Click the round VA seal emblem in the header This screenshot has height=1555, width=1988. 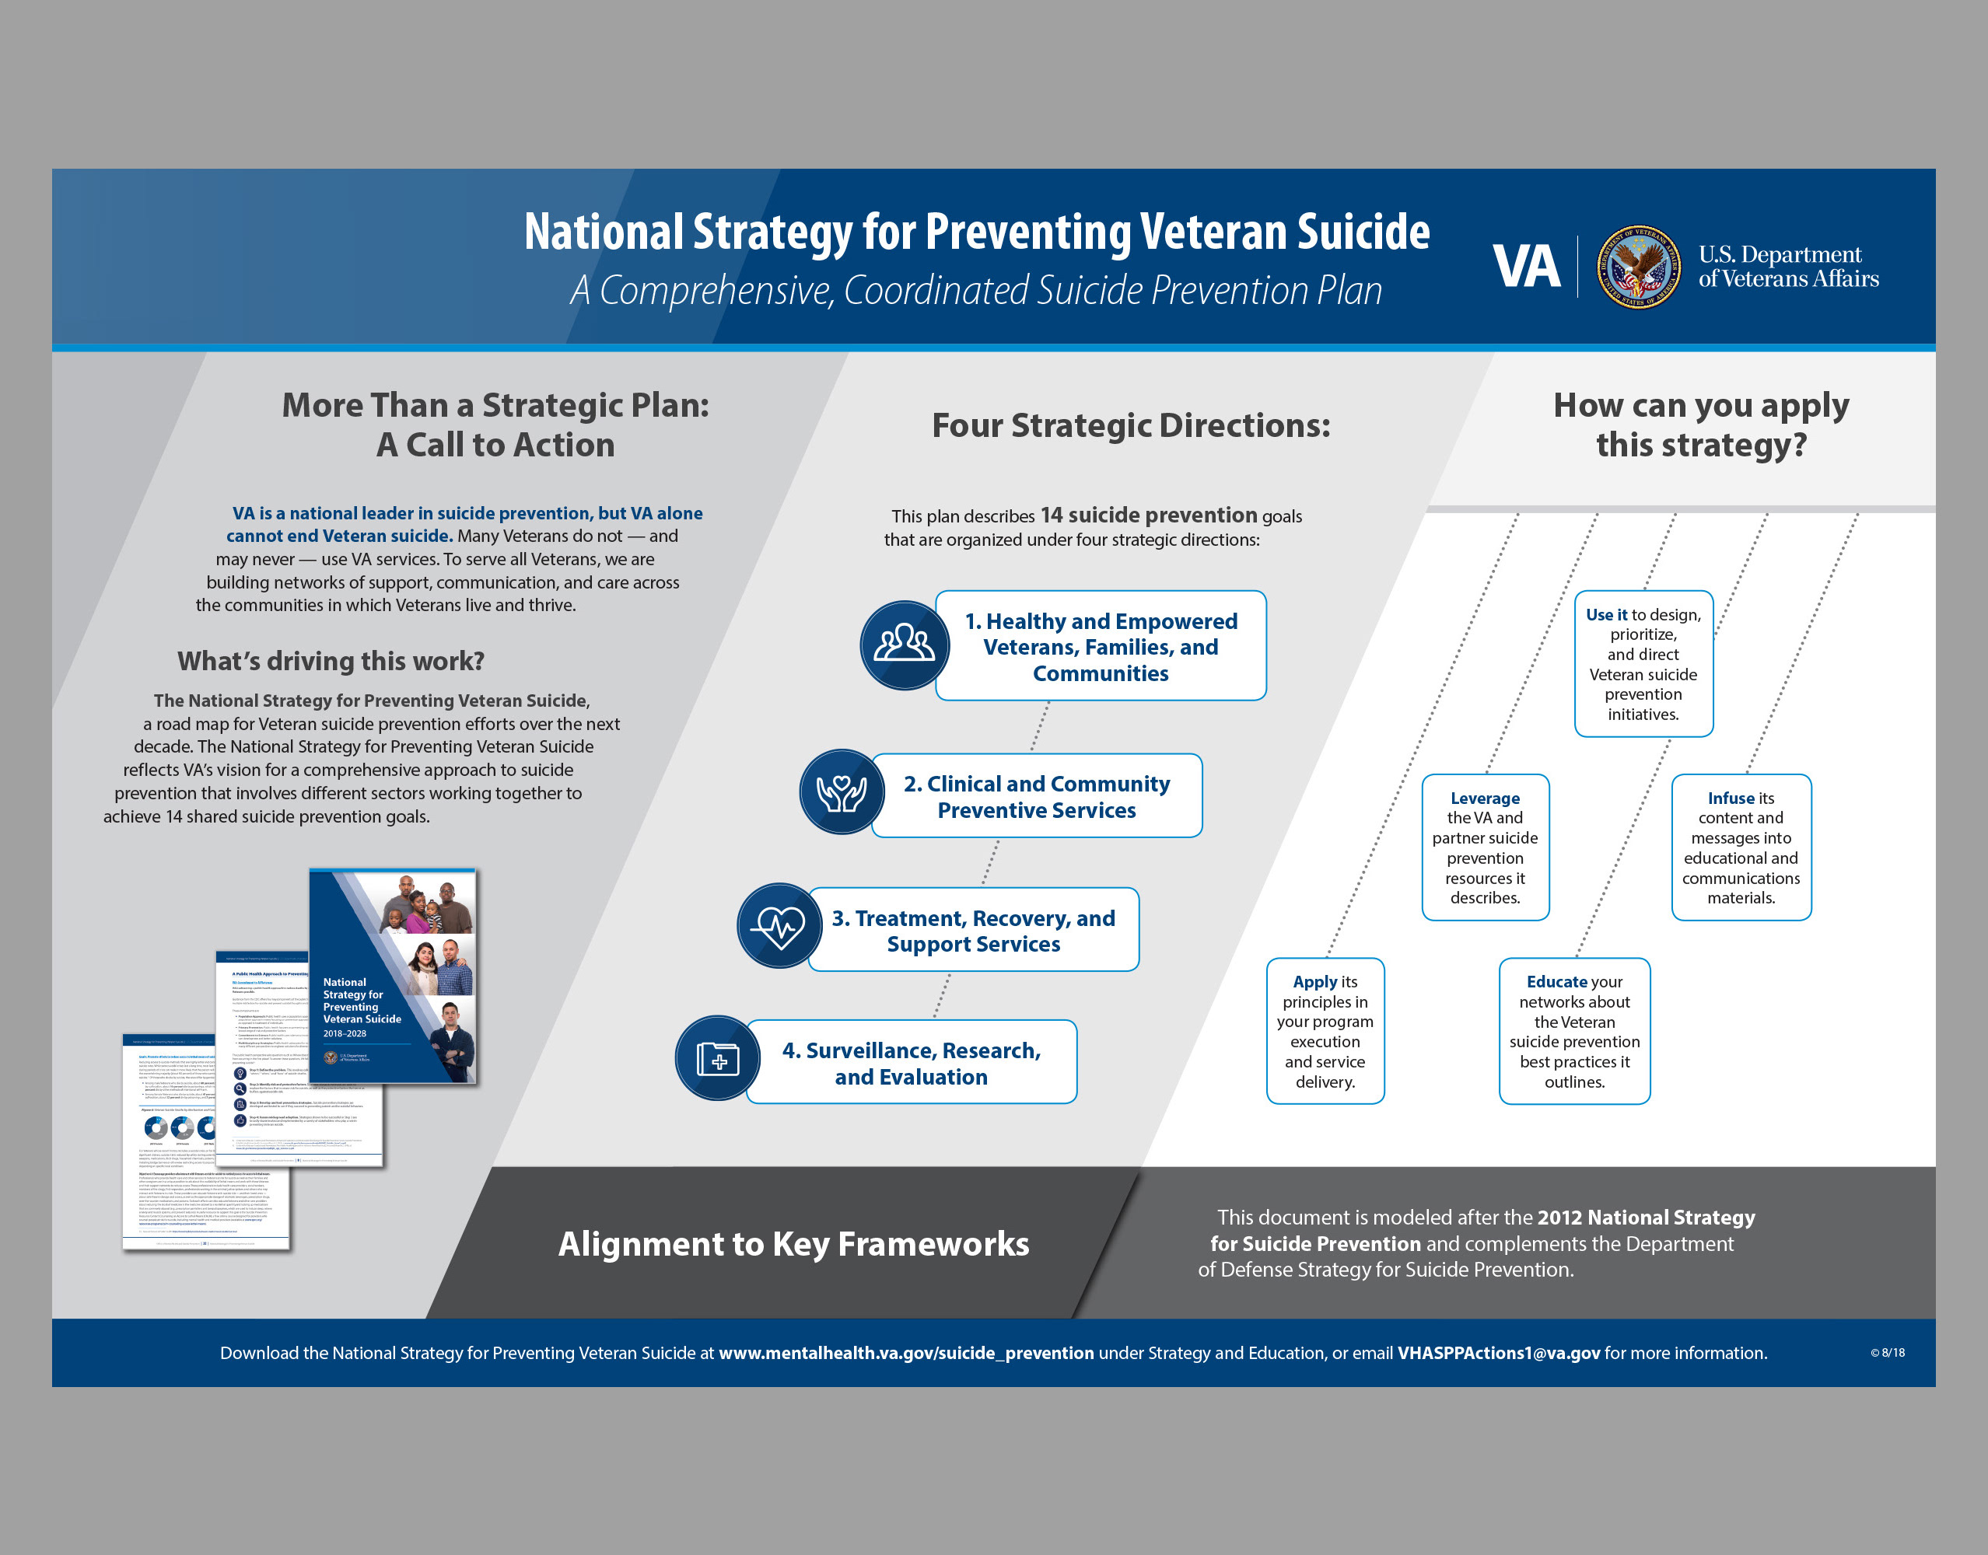pos(1638,267)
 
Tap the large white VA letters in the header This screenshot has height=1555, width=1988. pos(1526,267)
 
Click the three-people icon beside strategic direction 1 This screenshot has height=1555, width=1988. pos(903,645)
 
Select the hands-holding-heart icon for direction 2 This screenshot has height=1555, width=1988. pos(842,792)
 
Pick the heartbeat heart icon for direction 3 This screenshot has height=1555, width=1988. pos(779,926)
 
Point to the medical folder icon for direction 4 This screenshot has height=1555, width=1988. pos(718,1059)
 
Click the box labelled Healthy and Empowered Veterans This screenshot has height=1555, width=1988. pos(1100,646)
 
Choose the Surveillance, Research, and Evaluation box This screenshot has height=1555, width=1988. pos(911,1064)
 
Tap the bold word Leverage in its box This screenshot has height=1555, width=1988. pos(1485,798)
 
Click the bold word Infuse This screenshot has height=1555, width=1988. pos(1731,798)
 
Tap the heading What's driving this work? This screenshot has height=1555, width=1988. pos(331,661)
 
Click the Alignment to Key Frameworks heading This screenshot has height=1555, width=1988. pos(793,1245)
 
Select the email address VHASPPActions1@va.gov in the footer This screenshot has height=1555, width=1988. pos(1498,1354)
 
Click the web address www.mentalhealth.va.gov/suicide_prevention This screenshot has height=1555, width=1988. pos(906,1354)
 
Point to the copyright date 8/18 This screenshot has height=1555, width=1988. pos(1892,1353)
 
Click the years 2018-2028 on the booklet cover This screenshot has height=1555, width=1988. pos(345,1033)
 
